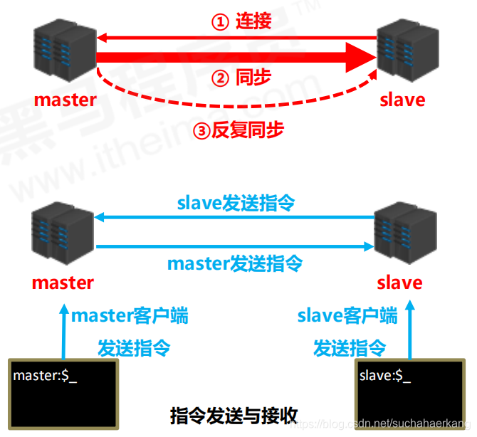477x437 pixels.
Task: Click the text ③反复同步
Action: click(x=238, y=130)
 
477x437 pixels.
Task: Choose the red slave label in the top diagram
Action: click(x=402, y=99)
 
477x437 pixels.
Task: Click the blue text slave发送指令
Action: click(x=236, y=204)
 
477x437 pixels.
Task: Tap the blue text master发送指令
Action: click(x=235, y=263)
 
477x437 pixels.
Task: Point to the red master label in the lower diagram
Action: click(x=63, y=283)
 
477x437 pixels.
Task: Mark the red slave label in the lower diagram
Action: click(x=399, y=283)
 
